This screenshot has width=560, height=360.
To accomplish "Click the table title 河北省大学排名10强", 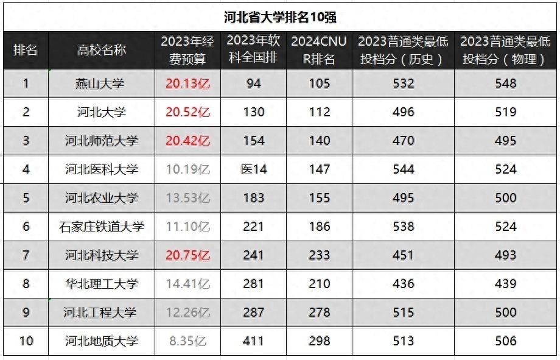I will [279, 16].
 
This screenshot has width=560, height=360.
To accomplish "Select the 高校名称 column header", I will [102, 50].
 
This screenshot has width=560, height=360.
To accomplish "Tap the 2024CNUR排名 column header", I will [319, 50].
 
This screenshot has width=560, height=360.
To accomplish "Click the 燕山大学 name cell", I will [102, 83].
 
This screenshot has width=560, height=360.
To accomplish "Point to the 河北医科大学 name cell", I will [102, 169].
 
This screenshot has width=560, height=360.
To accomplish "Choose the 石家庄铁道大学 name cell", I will [102, 227].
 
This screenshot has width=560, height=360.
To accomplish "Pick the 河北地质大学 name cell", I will [102, 341].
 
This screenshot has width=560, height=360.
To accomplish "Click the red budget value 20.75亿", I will [187, 255].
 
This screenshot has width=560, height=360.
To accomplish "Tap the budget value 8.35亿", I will [187, 341].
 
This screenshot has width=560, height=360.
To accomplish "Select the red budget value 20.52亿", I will [187, 112].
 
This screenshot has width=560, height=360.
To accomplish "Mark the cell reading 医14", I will [254, 169].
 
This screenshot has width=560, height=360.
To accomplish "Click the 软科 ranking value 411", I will [254, 341].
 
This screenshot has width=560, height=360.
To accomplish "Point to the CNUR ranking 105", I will [319, 83].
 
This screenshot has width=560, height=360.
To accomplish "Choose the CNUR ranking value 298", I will [319, 341].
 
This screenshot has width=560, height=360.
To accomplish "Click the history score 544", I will [404, 169].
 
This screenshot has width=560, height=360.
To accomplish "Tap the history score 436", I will [404, 284].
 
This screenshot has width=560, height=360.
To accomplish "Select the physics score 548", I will [506, 83].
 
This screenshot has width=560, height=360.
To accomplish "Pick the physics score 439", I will [506, 284].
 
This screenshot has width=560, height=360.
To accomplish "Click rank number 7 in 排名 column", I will [26, 255].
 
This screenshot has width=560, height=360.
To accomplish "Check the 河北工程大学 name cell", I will [102, 312].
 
